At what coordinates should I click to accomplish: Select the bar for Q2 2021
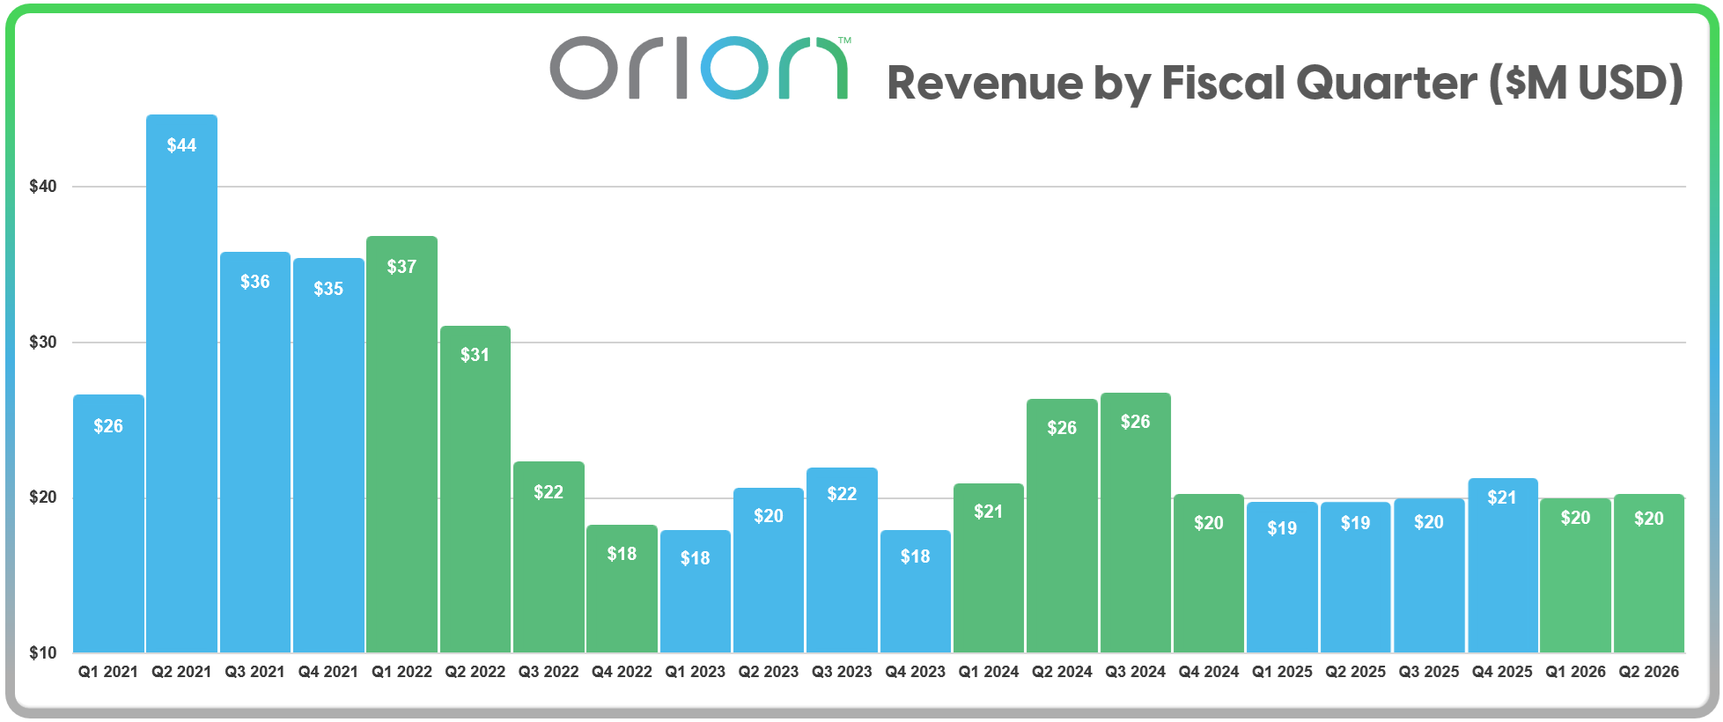click(181, 387)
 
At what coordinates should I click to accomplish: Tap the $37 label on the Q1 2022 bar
click(401, 267)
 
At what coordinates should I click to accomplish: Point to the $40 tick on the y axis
click(42, 187)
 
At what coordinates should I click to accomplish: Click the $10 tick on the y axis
click(42, 652)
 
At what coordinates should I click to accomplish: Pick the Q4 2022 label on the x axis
click(622, 672)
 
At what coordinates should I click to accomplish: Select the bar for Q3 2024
click(1135, 528)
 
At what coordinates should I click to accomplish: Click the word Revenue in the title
click(984, 84)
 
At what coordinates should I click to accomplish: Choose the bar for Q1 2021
click(108, 528)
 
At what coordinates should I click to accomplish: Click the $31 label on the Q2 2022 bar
click(475, 355)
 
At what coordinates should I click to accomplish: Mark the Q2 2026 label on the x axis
click(1648, 672)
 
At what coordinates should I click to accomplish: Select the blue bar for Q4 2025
click(1502, 572)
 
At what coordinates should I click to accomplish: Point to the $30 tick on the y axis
click(42, 343)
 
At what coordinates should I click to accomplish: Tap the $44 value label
click(181, 145)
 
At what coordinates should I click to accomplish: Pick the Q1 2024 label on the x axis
click(988, 672)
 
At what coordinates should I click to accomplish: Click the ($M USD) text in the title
click(1585, 84)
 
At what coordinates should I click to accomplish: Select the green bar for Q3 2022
click(549, 564)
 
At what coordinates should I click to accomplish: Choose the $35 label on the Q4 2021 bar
click(328, 289)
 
